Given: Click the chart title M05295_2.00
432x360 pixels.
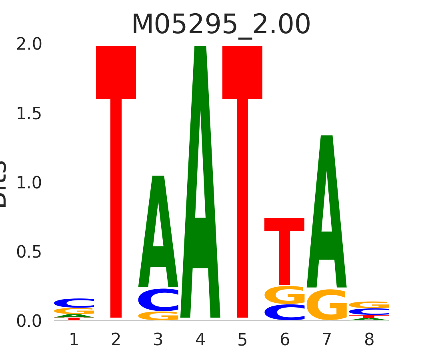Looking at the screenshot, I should [221, 25].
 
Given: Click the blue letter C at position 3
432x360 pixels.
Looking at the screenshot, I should [158, 300].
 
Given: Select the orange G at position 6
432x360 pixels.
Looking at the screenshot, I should [284, 295].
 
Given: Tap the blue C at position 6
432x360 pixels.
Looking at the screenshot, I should [284, 312].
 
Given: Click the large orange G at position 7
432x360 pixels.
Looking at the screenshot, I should [327, 305].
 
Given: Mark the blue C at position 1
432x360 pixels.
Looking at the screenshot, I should [74, 303].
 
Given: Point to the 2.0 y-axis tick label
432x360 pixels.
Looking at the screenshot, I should [29, 44].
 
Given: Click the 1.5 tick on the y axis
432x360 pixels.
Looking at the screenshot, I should [29, 114].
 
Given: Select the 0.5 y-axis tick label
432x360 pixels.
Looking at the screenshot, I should [29, 252].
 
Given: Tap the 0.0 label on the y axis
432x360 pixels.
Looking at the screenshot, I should [29, 321].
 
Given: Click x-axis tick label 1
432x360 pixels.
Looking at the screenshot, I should [74, 340].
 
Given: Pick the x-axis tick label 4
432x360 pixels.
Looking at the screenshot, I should [200, 340].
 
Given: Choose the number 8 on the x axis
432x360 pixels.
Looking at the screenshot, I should [369, 340].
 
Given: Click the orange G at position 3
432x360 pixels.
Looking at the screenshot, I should [158, 316].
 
